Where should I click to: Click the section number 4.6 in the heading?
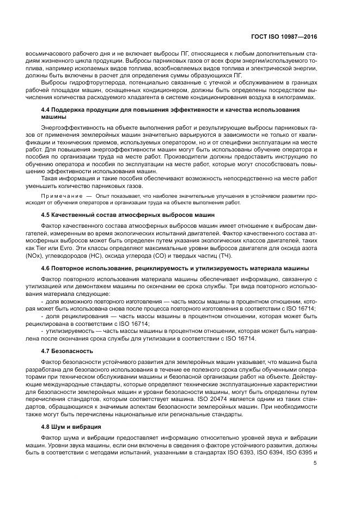click(x=46, y=268)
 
